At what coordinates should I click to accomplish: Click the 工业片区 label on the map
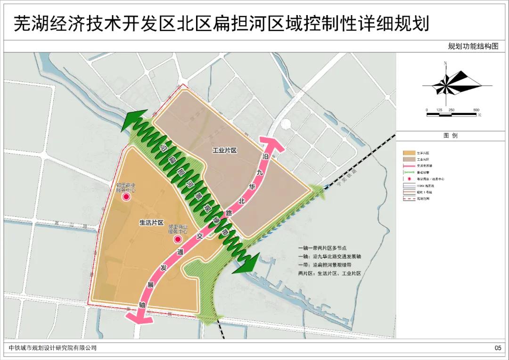point(224,150)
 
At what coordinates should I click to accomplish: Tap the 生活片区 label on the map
point(151,222)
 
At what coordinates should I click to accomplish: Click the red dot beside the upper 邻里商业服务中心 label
point(126,198)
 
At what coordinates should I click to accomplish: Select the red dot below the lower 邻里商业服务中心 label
point(177,239)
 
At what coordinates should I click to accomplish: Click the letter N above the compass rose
point(445,63)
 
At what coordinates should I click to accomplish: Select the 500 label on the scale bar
point(476,110)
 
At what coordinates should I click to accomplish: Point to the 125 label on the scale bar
point(439,110)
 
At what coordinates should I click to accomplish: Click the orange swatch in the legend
point(410,153)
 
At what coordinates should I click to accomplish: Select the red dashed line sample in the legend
point(410,199)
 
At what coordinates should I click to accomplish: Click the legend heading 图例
point(451,136)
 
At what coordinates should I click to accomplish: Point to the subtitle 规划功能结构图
point(473,46)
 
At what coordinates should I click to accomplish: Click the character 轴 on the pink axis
point(143,305)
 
